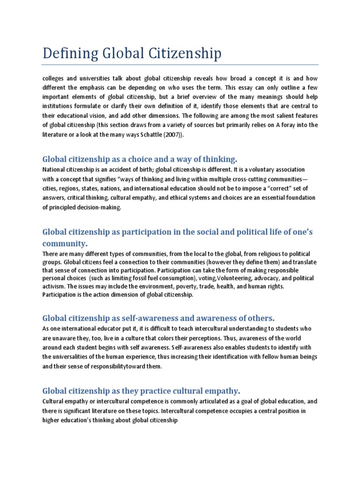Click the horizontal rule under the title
180,65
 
